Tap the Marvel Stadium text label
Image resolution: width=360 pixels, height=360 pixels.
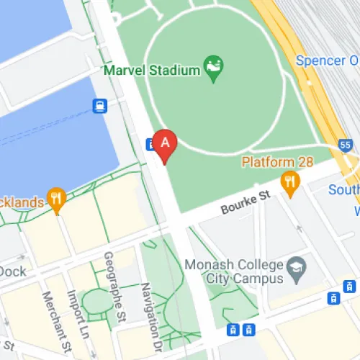pos(152,70)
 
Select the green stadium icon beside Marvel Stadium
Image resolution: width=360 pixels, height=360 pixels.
pos(214,68)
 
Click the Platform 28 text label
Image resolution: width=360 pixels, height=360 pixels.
pos(277,161)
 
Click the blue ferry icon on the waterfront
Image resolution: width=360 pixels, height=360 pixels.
pos(99,107)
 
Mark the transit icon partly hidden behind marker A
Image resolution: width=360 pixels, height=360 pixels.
pos(150,143)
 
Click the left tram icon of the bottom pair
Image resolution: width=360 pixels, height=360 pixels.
pos(233,330)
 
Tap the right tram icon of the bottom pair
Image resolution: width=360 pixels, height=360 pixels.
pos(248,330)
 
